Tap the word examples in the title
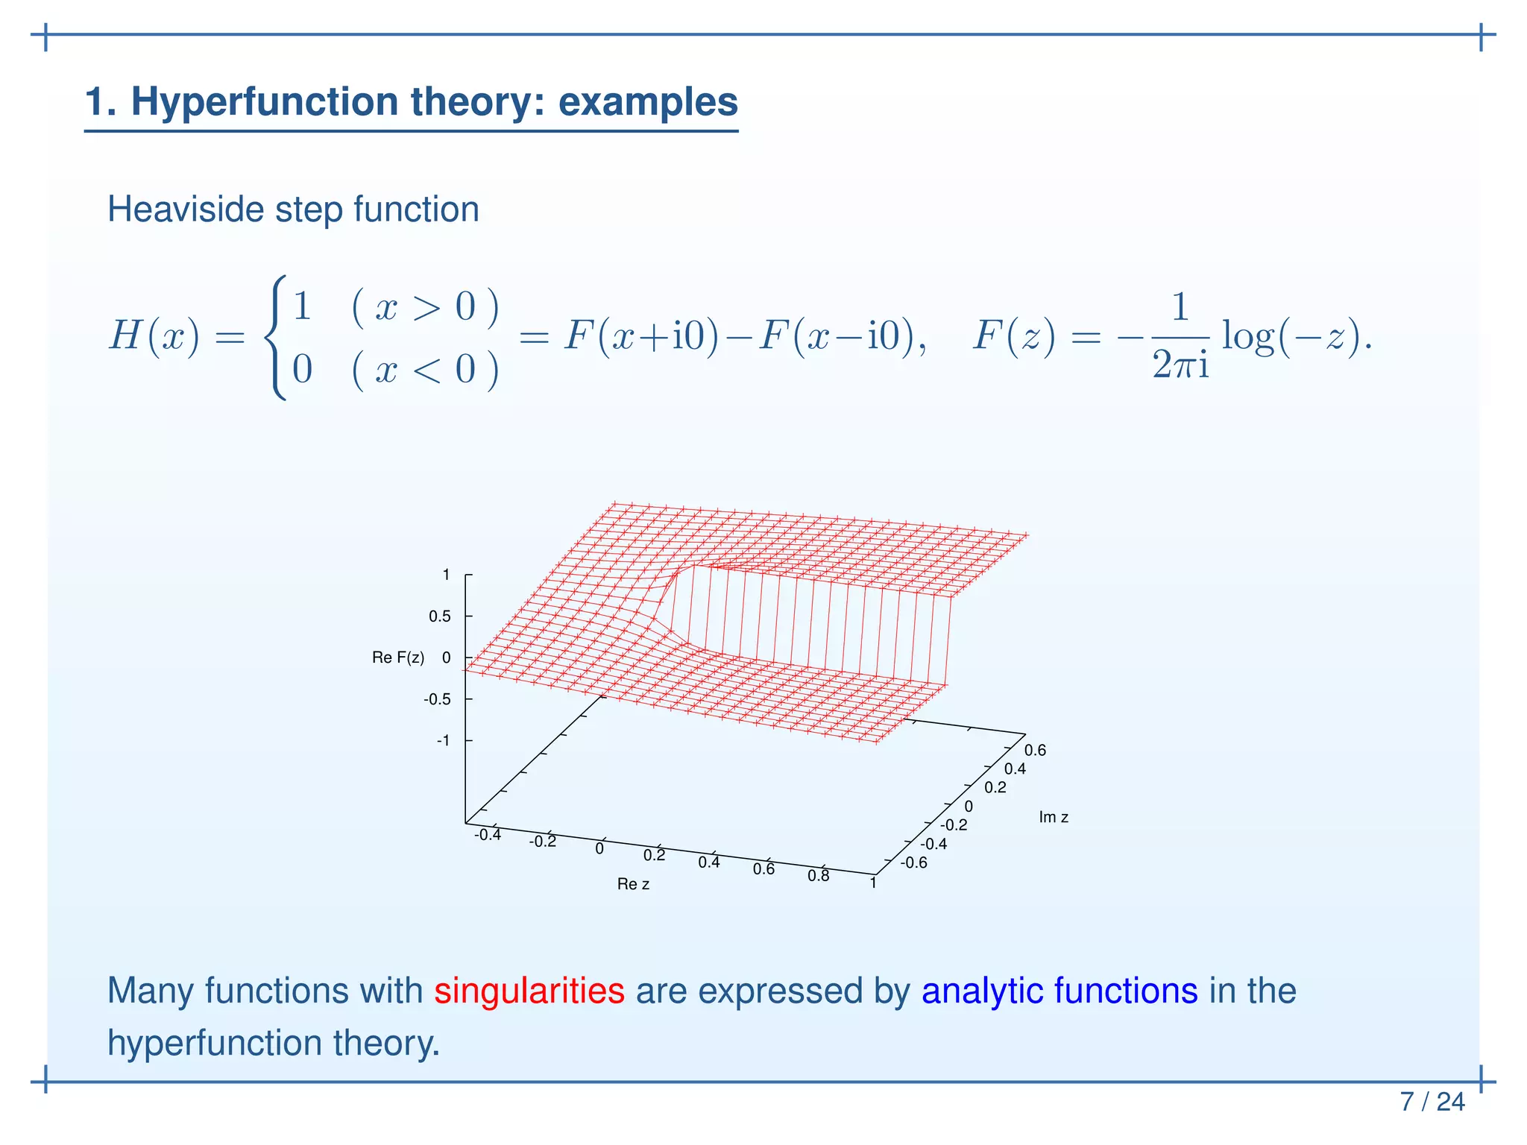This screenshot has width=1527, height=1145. pyautogui.click(x=647, y=102)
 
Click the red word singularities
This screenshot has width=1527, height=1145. pyautogui.click(x=529, y=991)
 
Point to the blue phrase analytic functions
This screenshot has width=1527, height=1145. pyautogui.click(x=1059, y=991)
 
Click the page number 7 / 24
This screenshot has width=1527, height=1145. pyautogui.click(x=1432, y=1101)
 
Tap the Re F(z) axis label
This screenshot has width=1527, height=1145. pyautogui.click(x=398, y=657)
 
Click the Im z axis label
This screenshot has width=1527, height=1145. pyautogui.click(x=1053, y=817)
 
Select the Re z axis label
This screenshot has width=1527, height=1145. pyautogui.click(x=633, y=884)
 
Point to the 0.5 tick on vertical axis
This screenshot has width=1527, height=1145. pyautogui.click(x=439, y=616)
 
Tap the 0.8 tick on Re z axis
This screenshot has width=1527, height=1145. pyautogui.click(x=818, y=876)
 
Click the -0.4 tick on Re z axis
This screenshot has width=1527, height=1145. pyautogui.click(x=488, y=835)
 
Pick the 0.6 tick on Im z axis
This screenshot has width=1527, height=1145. pyautogui.click(x=1035, y=750)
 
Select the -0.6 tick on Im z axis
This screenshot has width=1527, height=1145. pyautogui.click(x=913, y=862)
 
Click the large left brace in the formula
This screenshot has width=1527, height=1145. pyautogui.click(x=275, y=337)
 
